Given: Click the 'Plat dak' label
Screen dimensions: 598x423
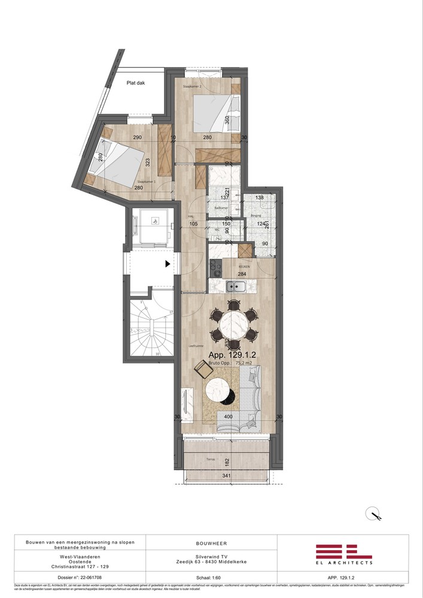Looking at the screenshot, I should [136, 84].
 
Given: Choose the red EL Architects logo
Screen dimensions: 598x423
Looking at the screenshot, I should [343, 554].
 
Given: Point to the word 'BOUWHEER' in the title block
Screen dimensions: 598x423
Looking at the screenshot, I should [211, 544].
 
